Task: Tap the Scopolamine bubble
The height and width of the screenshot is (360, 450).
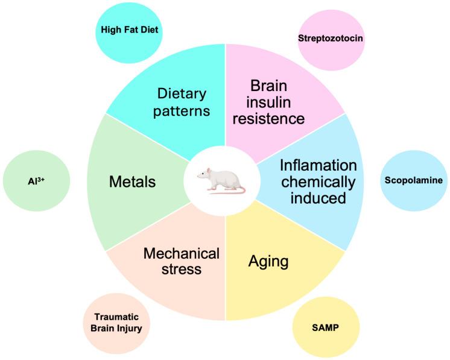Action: (414, 180)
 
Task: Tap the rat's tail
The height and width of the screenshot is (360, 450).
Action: (211, 190)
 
